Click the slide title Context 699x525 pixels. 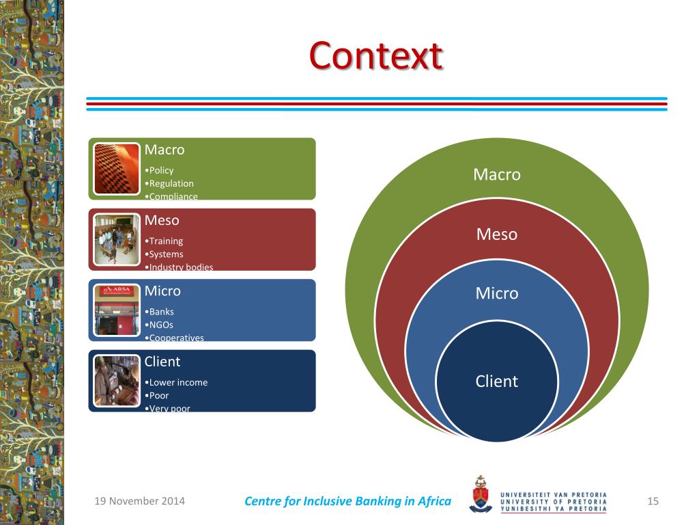[375, 56]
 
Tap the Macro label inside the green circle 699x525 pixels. [497, 174]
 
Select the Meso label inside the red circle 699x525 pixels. [497, 234]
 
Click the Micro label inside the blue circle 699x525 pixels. [497, 293]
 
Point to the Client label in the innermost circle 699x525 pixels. [497, 381]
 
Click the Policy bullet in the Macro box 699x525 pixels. [160, 170]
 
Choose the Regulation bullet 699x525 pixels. [170, 183]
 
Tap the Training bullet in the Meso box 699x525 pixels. [165, 241]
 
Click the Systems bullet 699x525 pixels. [165, 254]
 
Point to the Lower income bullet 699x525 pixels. [177, 382]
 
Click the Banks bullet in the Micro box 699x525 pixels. [160, 312]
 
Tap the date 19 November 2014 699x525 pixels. [139, 502]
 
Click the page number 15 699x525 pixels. [653, 502]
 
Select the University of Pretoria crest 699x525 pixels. [481, 494]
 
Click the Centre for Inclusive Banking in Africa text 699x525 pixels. [347, 502]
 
